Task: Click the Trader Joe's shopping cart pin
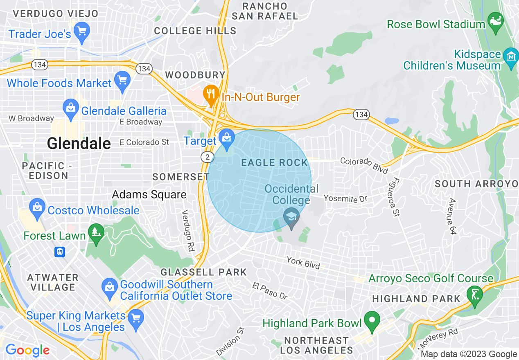coord(82,31)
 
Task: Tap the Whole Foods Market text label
coord(59,83)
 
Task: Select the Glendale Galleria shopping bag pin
coord(71,109)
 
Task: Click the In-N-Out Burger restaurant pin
coord(211,94)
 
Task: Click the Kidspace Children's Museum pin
coord(511,58)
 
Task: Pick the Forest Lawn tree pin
coord(97,233)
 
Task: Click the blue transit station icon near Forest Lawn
coord(60,252)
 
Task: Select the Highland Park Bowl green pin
coord(372,320)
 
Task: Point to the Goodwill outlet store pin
coord(110,286)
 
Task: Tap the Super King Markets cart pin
coord(135,318)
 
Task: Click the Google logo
coord(27,350)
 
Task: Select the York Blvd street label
coord(304,263)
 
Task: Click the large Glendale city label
coord(79,143)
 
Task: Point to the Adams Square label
coord(149,194)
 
